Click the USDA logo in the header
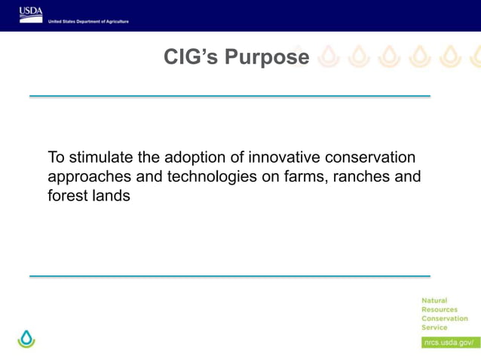[x=31, y=14]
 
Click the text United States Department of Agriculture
[x=88, y=22]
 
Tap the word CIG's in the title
[x=189, y=58]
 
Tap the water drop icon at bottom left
[x=27, y=339]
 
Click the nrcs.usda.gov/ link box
[x=449, y=342]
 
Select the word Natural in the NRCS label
[x=434, y=301]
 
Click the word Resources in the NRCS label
[x=440, y=310]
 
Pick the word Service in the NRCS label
[x=434, y=328]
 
